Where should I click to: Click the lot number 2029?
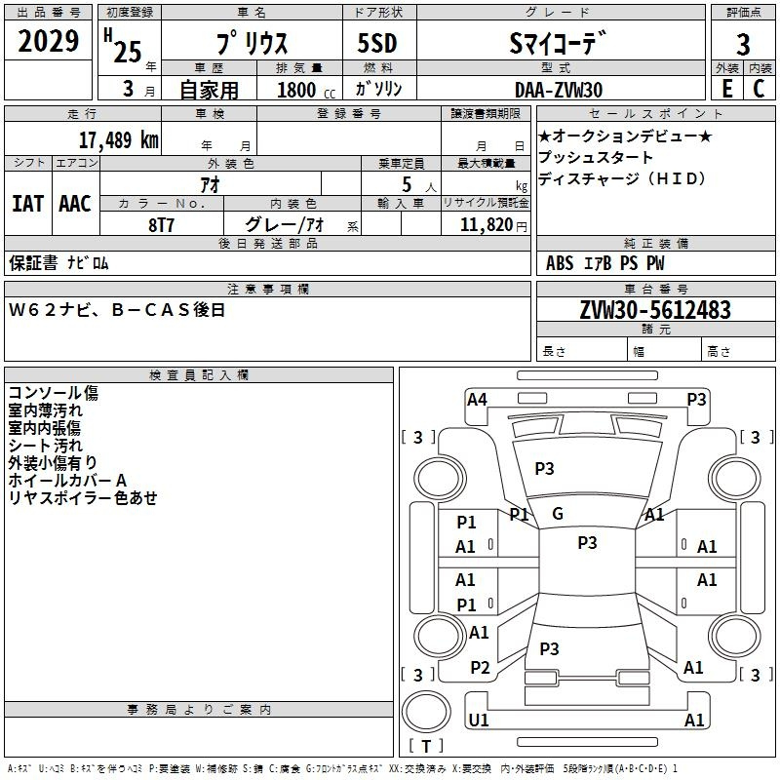pos(48,41)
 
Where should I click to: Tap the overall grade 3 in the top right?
pos(743,45)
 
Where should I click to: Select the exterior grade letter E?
pos(727,89)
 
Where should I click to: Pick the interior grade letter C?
pos(759,89)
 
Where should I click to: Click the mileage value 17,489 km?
pos(118,140)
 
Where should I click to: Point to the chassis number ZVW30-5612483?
pos(655,310)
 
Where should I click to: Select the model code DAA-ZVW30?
pos(559,90)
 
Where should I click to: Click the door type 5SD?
pos(377,43)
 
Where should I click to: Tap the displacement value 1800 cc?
pos(306,90)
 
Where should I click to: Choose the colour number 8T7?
pos(161,225)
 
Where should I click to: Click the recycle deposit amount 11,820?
pos(486,225)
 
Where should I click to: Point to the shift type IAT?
pos(27,204)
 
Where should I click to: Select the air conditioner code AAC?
pos(75,204)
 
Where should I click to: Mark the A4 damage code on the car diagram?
pos(477,400)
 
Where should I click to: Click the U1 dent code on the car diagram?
pos(479,720)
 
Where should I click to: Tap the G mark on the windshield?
pos(558,514)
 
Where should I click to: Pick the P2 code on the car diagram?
pos(480,668)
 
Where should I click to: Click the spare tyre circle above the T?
pos(426,712)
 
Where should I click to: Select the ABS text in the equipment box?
pos(560,263)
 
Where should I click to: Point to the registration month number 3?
pos(129,89)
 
